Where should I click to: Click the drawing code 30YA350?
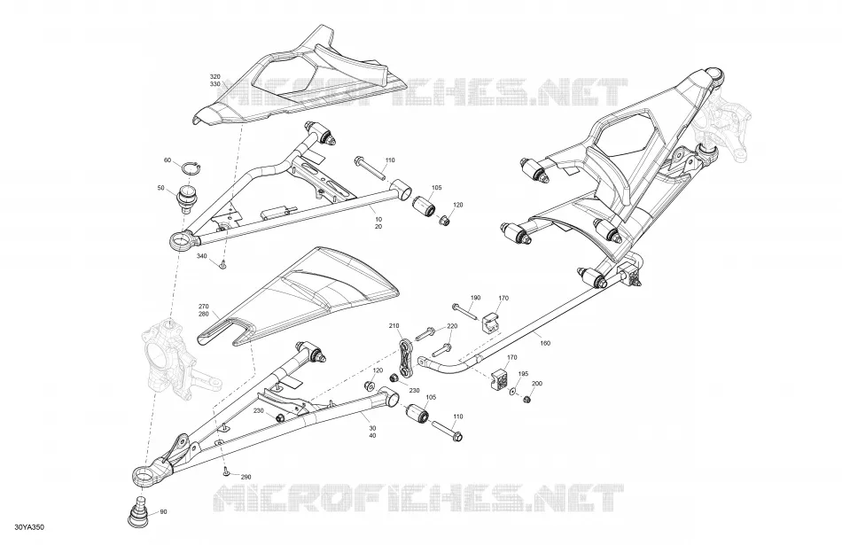[x=29, y=527]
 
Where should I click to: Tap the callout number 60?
[x=168, y=160]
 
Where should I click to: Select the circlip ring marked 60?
[x=191, y=168]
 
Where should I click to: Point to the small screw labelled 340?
[x=222, y=264]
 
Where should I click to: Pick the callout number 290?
[x=246, y=478]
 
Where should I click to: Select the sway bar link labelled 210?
[x=406, y=358]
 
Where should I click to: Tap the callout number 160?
[x=545, y=343]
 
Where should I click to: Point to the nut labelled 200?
[x=526, y=400]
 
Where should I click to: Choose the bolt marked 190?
[x=465, y=312]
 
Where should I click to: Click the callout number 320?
[x=214, y=77]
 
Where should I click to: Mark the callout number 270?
[x=204, y=307]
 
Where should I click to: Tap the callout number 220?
[x=452, y=326]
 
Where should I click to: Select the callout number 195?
[x=523, y=374]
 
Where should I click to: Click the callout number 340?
[x=201, y=256]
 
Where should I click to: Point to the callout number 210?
[x=394, y=326]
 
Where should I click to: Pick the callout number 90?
[x=163, y=511]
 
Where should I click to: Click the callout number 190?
[x=476, y=298]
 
